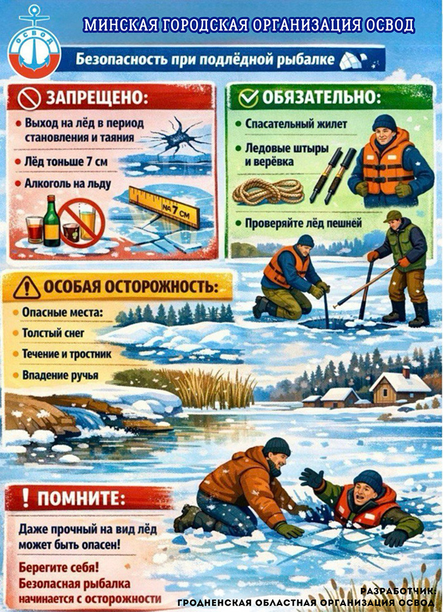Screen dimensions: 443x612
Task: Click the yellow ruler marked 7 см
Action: [x=164, y=207]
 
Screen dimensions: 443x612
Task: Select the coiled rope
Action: [x=268, y=191]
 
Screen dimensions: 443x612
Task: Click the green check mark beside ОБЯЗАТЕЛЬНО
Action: [x=248, y=98]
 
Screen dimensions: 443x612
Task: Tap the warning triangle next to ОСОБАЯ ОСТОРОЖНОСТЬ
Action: [x=27, y=288]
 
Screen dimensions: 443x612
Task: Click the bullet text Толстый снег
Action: [x=53, y=333]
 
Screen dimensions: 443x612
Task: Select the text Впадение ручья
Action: [x=60, y=375]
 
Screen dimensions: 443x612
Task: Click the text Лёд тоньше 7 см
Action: [x=66, y=161]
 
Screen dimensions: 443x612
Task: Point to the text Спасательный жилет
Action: [x=296, y=124]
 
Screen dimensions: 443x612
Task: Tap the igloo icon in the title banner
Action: [x=353, y=61]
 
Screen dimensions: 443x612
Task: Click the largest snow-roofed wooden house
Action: [x=399, y=387]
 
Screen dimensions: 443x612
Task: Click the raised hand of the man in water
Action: [x=311, y=478]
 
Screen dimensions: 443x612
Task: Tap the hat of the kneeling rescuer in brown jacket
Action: [x=277, y=446]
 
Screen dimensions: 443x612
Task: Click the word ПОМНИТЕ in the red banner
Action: [x=81, y=499]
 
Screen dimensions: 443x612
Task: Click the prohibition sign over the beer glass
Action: [x=82, y=223]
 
